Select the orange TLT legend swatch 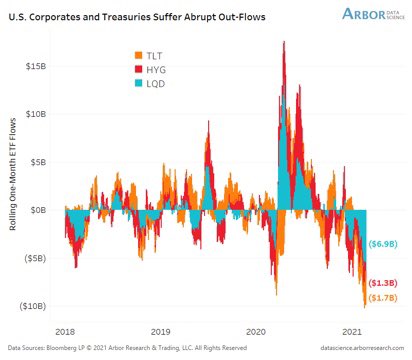[x=136, y=52]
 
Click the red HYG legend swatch [x=136, y=69]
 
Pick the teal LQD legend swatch [x=136, y=86]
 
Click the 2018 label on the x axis [x=65, y=329]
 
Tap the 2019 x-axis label [x=161, y=329]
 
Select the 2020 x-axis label [x=256, y=329]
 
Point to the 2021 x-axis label [x=351, y=329]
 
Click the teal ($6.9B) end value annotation [x=383, y=244]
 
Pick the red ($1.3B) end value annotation [x=383, y=284]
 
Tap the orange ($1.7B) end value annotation [x=383, y=297]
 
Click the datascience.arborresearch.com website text [x=347, y=348]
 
